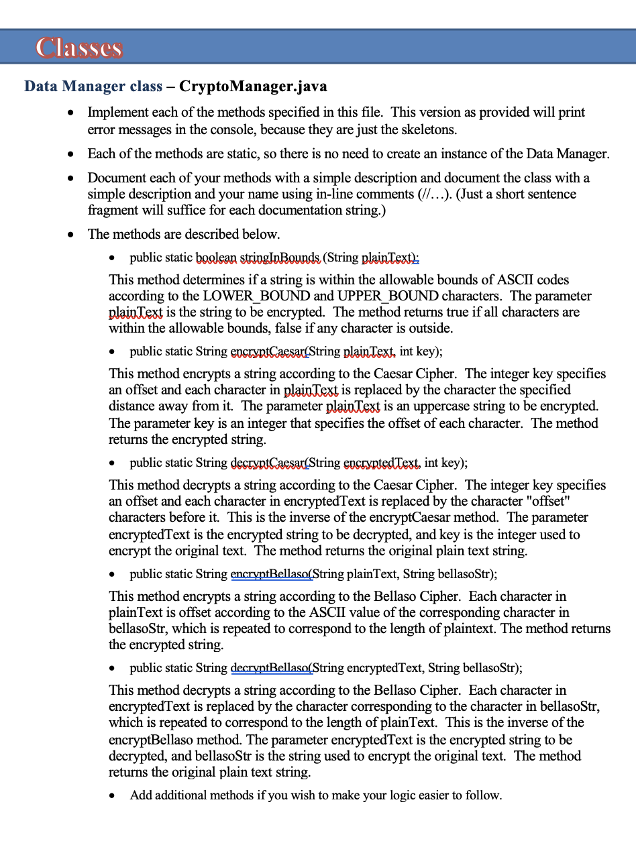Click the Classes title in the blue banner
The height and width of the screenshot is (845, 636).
click(79, 48)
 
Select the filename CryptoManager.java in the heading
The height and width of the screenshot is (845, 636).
click(254, 87)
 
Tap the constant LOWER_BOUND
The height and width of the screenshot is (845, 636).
click(257, 296)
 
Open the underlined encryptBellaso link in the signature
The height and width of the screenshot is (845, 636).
click(271, 574)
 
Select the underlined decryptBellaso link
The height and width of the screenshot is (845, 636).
click(271, 668)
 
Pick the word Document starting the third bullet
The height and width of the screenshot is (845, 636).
click(116, 178)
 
